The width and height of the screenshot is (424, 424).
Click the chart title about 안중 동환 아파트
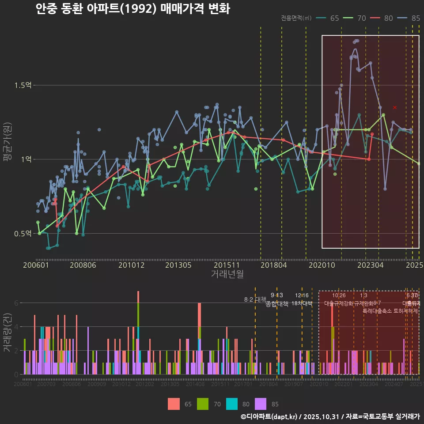pos(132,9)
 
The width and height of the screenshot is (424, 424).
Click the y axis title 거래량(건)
pos(7,333)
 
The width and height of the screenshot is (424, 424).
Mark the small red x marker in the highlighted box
pos(395,107)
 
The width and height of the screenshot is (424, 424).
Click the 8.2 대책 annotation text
pos(258,299)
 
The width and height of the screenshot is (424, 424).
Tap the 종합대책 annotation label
pos(277,303)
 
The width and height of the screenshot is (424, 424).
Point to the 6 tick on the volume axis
pos(16,303)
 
